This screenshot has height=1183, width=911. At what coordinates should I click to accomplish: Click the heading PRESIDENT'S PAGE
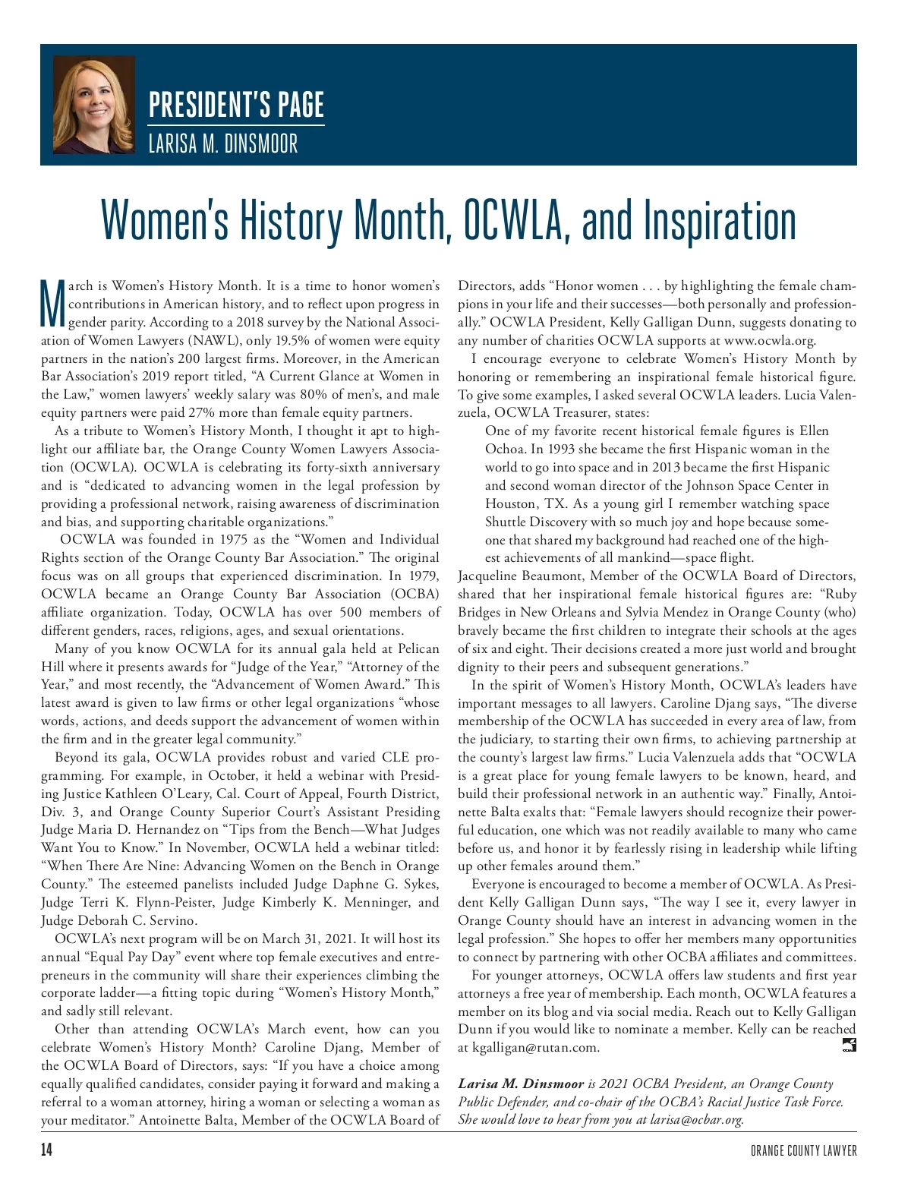click(x=236, y=105)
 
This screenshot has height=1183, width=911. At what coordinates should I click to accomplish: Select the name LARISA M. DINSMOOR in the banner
click(x=223, y=144)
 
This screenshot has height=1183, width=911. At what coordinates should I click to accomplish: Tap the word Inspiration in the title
click(x=720, y=220)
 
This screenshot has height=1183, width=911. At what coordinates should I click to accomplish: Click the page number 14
click(x=47, y=1150)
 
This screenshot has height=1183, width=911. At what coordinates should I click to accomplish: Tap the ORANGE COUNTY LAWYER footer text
click(x=804, y=1151)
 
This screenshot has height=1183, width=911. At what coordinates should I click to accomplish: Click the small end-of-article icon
click(x=850, y=1046)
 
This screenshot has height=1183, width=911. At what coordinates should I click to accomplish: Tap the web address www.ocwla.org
click(x=770, y=340)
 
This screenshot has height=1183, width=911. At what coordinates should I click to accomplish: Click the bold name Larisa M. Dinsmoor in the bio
click(x=520, y=1084)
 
